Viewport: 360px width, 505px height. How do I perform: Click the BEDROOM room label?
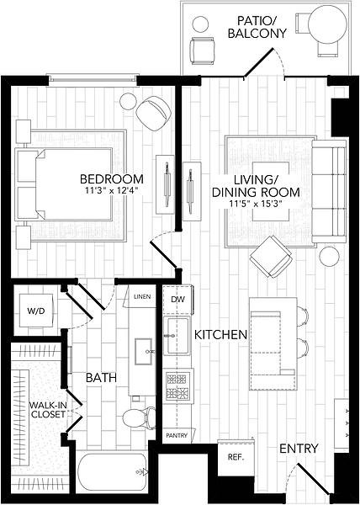112,178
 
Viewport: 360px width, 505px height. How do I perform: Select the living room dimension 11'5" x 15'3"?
256,204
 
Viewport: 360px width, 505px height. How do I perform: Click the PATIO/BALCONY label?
257,27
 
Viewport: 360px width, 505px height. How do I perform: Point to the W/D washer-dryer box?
36,311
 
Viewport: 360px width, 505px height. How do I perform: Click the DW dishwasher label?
178,300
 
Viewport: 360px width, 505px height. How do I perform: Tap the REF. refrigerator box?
236,457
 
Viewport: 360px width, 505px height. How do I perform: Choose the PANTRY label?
177,435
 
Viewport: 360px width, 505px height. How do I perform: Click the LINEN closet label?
142,296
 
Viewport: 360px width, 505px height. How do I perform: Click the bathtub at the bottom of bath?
112,472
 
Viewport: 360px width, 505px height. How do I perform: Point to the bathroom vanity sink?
144,351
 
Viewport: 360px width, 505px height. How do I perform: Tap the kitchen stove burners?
177,386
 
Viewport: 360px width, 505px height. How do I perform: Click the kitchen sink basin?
176,335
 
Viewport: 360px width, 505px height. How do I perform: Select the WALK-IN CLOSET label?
48,410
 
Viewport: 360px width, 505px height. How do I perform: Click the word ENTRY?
299,449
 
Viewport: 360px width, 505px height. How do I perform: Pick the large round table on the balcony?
327,24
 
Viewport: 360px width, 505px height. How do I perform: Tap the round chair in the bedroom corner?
153,113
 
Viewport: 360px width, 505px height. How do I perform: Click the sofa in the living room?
329,191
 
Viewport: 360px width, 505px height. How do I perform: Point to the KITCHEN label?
220,335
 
